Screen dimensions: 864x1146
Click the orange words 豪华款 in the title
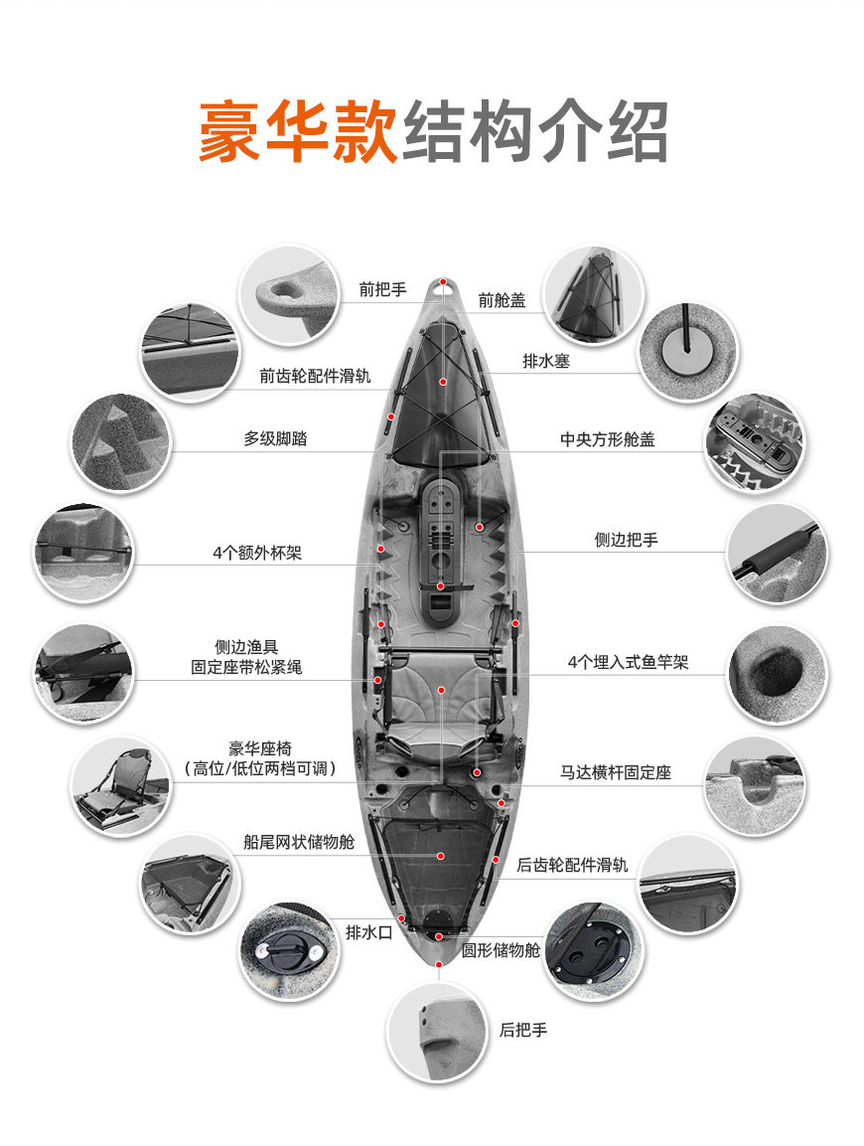(x=298, y=131)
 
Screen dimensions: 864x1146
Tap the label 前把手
(x=382, y=290)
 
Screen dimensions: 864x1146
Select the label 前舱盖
(x=502, y=299)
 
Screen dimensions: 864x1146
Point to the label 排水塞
(x=546, y=361)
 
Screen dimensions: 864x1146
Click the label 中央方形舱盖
(x=607, y=438)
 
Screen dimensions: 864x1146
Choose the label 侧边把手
(x=626, y=540)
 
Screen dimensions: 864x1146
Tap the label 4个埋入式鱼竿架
(x=628, y=662)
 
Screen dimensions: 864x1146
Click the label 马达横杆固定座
(x=616, y=772)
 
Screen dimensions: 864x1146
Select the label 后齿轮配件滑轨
(x=572, y=865)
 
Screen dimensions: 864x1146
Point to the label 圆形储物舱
(x=502, y=951)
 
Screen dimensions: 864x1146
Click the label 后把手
(x=523, y=1030)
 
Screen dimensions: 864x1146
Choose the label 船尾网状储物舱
(x=299, y=842)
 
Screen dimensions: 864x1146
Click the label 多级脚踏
(x=275, y=438)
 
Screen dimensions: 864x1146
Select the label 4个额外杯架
(x=257, y=554)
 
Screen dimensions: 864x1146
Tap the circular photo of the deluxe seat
(x=120, y=785)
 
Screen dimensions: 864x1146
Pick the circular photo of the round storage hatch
(x=594, y=951)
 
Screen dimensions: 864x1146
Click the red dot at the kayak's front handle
(x=444, y=282)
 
